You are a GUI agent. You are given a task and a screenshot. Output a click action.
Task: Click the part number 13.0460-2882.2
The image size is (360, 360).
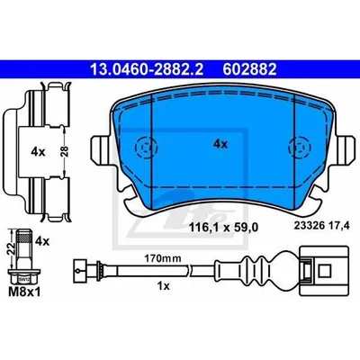[x=147, y=69]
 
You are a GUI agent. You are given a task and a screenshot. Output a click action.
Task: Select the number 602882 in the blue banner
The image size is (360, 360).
[x=249, y=69]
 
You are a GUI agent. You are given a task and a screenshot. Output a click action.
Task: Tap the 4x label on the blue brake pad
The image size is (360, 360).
[x=220, y=145]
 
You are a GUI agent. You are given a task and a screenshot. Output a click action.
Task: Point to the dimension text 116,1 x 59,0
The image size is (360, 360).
[x=223, y=228]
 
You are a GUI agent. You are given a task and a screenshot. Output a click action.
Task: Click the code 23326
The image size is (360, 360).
[x=310, y=226]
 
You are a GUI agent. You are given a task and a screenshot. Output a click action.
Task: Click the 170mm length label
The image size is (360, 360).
[x=163, y=258]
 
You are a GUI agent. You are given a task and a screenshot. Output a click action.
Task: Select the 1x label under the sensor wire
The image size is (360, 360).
[x=164, y=286]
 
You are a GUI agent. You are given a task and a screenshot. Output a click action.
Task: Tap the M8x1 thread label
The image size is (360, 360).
[x=24, y=292]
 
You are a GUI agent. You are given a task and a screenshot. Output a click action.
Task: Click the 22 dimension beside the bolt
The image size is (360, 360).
[x=11, y=248]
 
